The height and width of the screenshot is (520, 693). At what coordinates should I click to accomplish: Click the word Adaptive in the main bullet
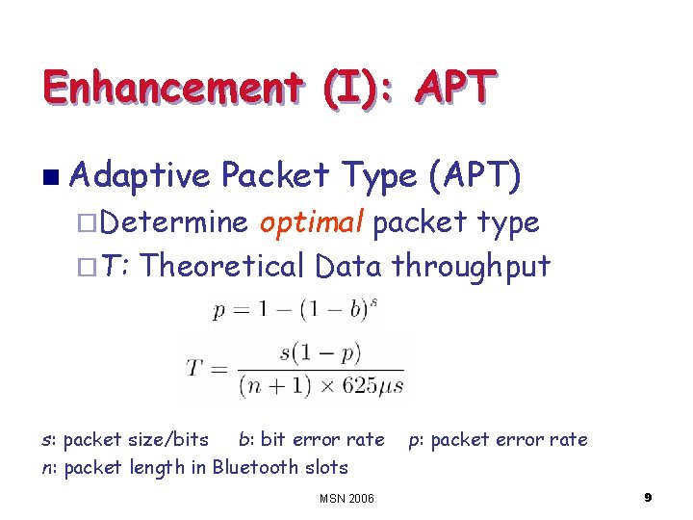pos(140,176)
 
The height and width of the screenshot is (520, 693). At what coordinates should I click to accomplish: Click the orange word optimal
pos(311,222)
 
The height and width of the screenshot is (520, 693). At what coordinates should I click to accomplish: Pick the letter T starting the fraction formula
pos(194,369)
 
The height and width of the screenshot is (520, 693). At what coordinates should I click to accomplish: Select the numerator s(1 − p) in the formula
pos(317,351)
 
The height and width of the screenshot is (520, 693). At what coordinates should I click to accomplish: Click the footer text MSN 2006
pos(346,498)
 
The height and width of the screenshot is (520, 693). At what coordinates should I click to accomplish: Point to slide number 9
pos(648,497)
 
